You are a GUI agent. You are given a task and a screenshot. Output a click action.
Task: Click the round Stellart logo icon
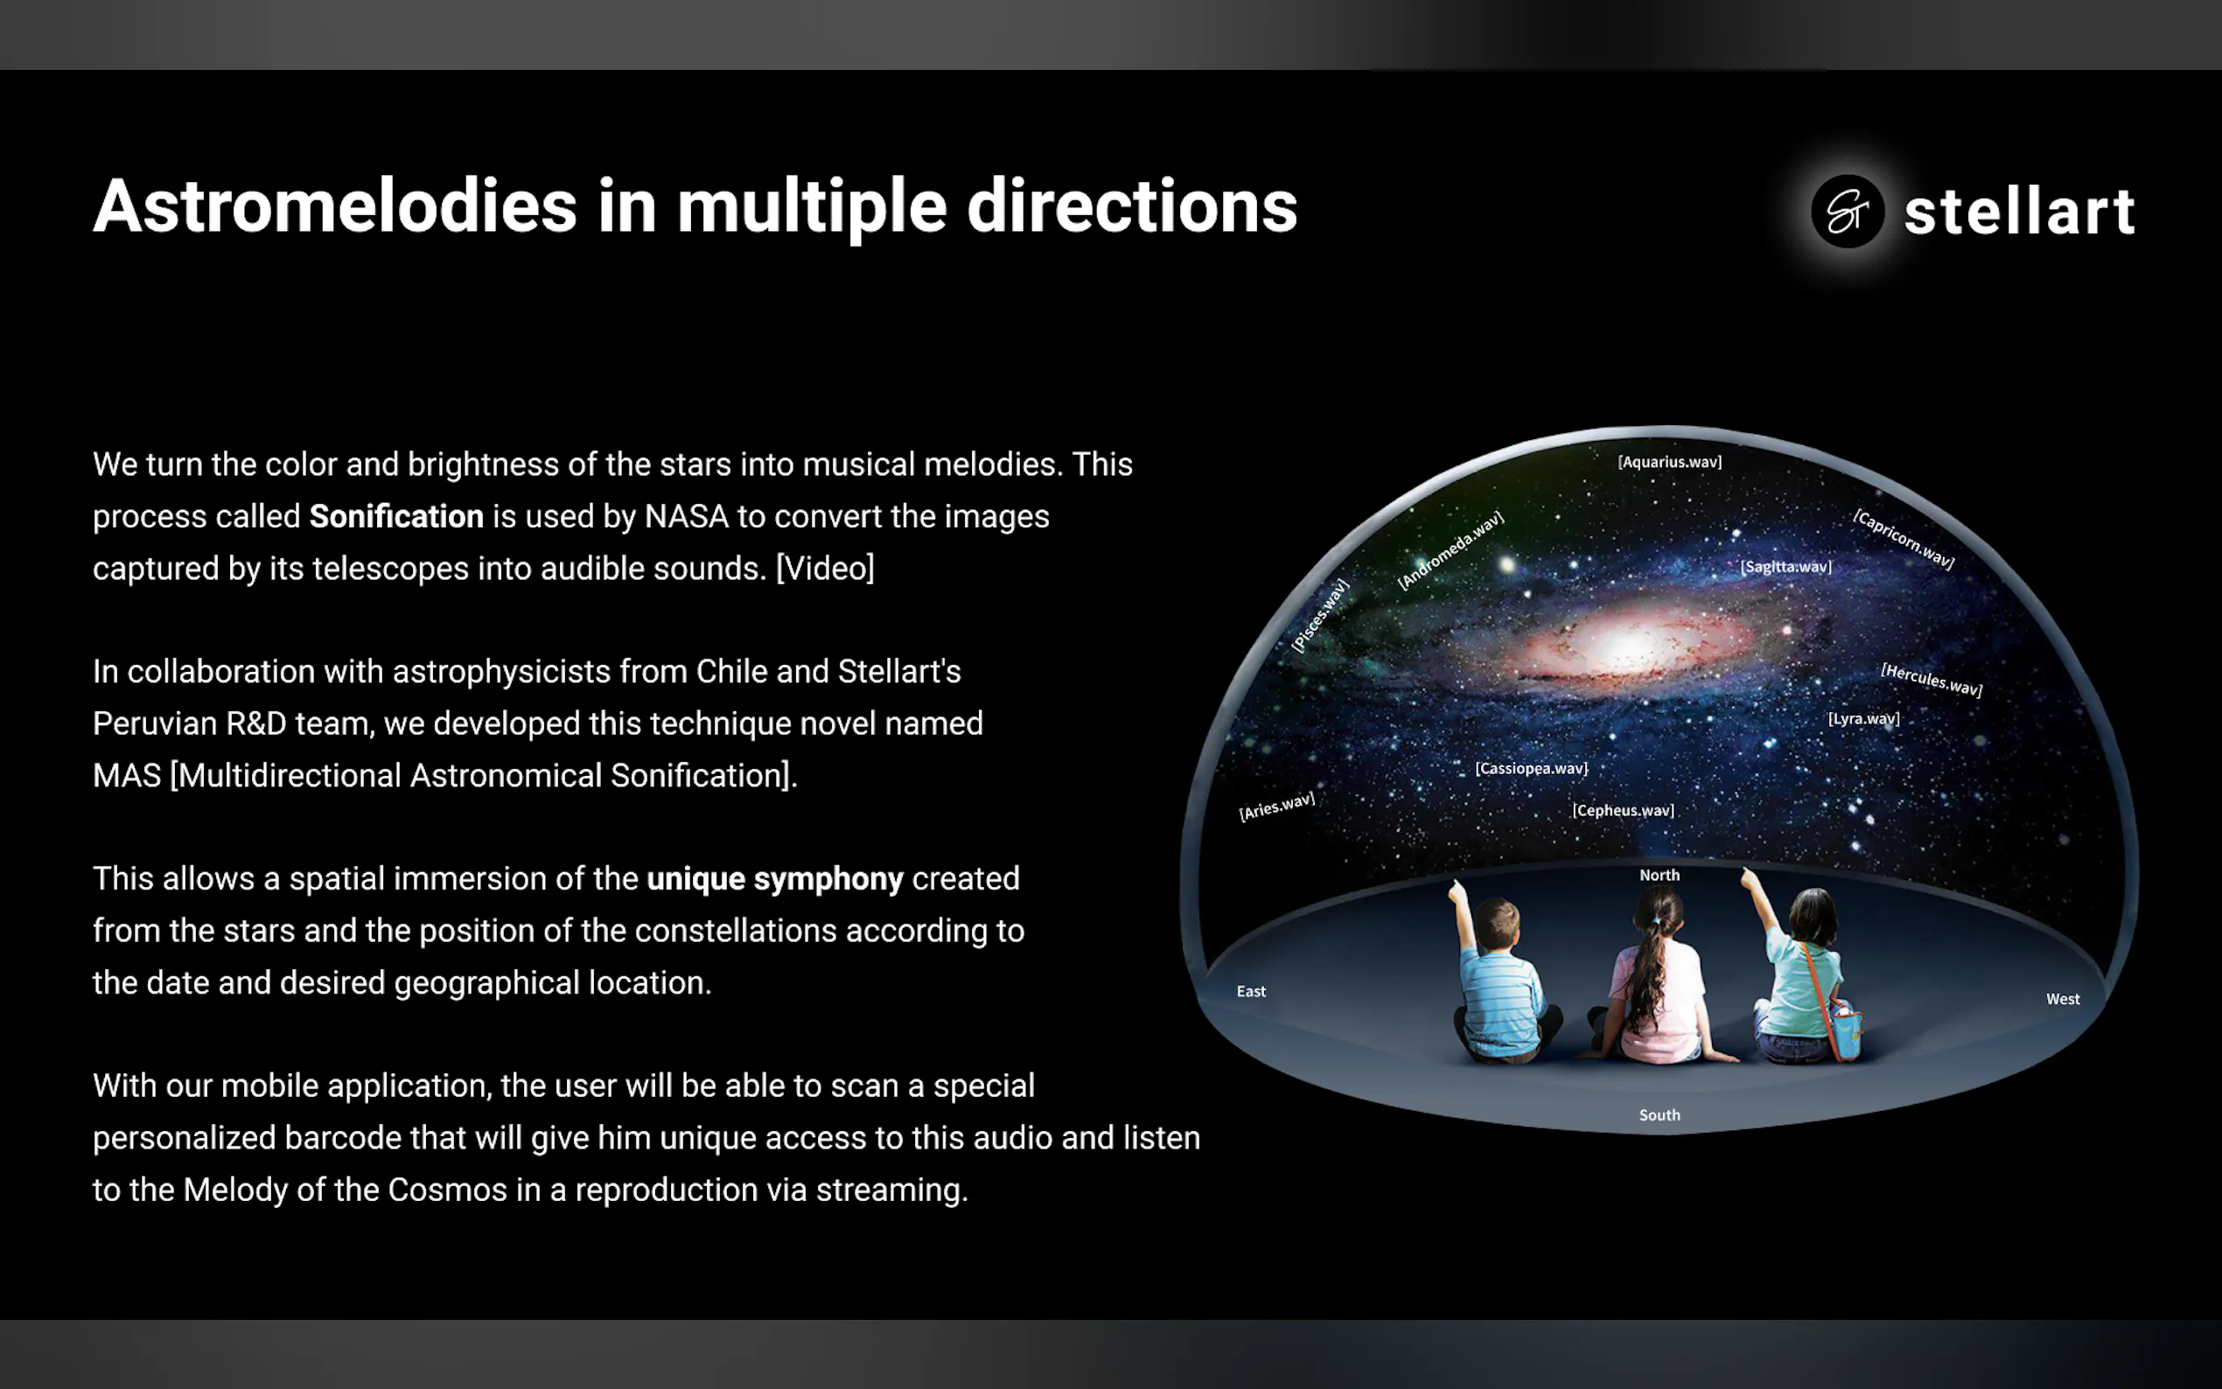pos(1848,212)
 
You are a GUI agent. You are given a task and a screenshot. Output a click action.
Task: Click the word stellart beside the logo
pos(2019,212)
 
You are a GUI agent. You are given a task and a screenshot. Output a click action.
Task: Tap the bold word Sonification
pos(396,516)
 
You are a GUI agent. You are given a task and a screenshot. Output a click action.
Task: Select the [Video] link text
pos(825,569)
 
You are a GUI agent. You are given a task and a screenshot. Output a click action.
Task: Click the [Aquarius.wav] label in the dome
pos(1670,462)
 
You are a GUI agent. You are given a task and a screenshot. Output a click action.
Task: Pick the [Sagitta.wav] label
pos(1785,567)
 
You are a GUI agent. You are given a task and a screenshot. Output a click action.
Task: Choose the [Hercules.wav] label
pos(1932,680)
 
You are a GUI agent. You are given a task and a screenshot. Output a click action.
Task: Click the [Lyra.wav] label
pos(1863,718)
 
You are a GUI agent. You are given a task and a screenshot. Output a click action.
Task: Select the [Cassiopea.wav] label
pos(1531,768)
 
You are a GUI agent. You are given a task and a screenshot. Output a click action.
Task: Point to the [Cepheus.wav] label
pos(1623,810)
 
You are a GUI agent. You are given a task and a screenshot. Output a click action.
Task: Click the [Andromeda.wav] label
pos(1450,550)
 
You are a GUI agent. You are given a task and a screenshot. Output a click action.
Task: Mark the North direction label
pos(1660,876)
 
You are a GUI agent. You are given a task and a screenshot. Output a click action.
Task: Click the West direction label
pos(2063,1000)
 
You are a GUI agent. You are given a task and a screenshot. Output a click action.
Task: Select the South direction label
pos(1660,1115)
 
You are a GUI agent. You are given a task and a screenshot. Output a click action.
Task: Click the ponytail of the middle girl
pos(1646,974)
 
